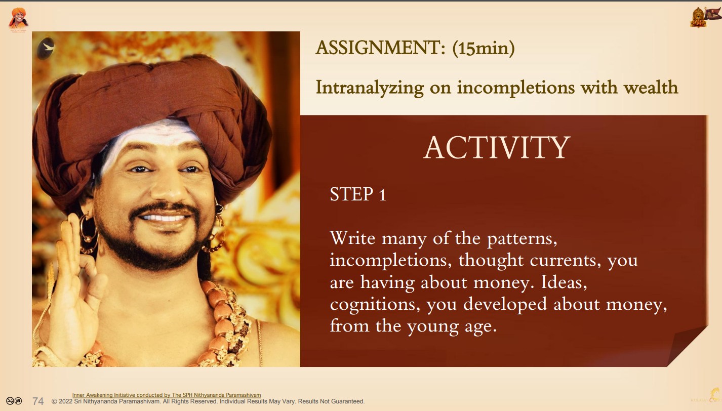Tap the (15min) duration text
pos(484,48)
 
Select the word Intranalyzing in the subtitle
pos(370,88)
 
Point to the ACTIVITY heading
pos(497,147)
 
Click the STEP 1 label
pos(358,194)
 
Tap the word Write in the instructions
pos(352,238)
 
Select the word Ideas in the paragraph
pos(564,282)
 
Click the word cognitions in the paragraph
pos(375,305)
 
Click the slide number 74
pos(38,401)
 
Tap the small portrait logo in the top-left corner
pos(18,19)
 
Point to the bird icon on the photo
pos(46,48)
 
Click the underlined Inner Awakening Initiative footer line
pos(166,395)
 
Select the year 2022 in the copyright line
pos(65,401)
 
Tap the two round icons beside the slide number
pos(14,401)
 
